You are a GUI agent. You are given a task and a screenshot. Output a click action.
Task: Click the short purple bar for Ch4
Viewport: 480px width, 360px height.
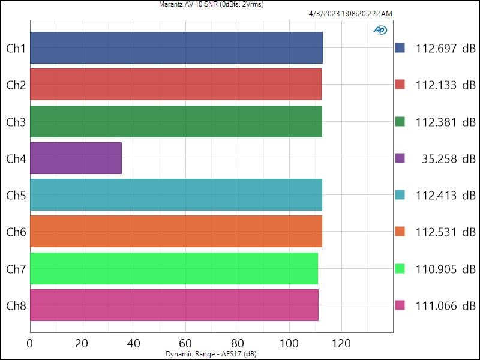tap(76, 158)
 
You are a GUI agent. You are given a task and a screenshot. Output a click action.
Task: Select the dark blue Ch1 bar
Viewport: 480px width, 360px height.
tap(176, 48)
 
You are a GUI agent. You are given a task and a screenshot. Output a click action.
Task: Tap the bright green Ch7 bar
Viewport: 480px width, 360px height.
tap(173, 268)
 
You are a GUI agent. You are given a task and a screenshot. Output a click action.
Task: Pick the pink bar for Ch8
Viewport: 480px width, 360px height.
tap(174, 305)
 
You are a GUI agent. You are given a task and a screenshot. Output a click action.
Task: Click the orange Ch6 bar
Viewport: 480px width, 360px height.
tap(176, 232)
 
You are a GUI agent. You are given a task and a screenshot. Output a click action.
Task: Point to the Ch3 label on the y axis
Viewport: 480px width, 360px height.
tap(16, 122)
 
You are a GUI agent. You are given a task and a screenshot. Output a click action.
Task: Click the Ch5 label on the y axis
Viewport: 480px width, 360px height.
tap(16, 195)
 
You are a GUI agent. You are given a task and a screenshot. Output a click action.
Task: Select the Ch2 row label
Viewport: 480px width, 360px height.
tap(16, 85)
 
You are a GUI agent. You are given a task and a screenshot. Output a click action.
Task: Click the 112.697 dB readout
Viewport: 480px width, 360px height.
tap(445, 49)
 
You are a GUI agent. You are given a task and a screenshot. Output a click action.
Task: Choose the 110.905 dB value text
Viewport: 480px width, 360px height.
tap(445, 269)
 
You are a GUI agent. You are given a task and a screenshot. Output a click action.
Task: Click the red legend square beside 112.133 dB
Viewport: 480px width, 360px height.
tap(400, 85)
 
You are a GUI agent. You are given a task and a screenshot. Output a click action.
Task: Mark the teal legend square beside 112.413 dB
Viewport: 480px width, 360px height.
tap(400, 195)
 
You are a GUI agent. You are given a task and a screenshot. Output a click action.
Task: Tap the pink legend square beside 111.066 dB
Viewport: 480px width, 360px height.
tap(400, 305)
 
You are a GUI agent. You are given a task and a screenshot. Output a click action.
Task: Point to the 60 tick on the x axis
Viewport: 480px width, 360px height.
tap(185, 343)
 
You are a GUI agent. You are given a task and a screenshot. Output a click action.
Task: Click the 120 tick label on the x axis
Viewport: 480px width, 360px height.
tap(341, 343)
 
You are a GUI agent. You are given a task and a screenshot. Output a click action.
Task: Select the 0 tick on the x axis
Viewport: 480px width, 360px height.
tap(30, 343)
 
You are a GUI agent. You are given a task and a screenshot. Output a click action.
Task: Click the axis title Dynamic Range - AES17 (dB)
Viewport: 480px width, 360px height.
tap(211, 354)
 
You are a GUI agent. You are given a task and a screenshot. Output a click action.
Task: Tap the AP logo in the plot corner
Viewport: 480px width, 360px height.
tap(380, 30)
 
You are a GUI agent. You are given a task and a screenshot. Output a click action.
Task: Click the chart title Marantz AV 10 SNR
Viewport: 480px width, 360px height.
tap(211, 4)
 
